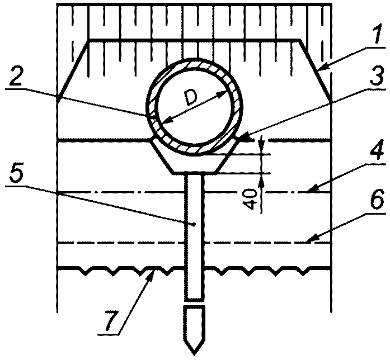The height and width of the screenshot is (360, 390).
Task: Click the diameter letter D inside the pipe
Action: [191, 99]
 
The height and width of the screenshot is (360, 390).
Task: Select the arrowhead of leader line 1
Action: [322, 69]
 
